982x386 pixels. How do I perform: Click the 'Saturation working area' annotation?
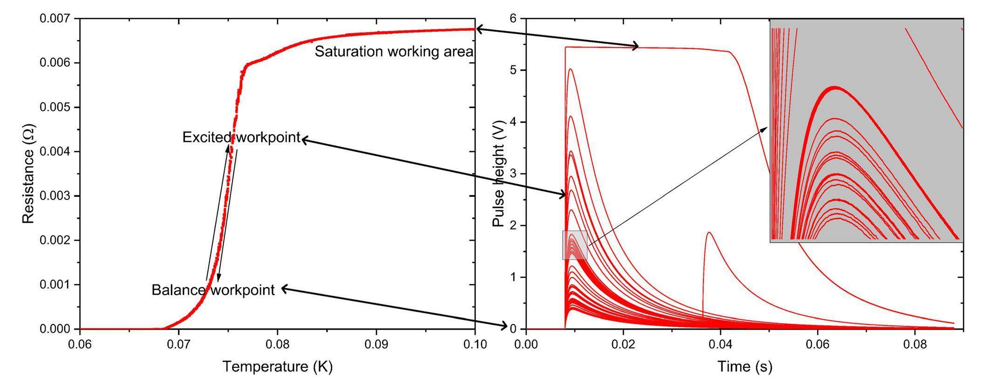coord(394,52)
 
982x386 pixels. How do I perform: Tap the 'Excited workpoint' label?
coord(241,138)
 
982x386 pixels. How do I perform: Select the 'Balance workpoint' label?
coord(213,290)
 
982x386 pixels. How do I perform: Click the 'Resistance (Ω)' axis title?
coord(28,173)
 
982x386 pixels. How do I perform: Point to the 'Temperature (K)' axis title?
coord(277,366)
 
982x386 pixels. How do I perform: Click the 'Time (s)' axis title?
coord(744,366)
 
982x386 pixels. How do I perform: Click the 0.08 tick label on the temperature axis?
coord(278,345)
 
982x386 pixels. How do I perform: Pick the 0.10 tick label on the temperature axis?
coord(475,345)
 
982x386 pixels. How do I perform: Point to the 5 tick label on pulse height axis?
coord(512,70)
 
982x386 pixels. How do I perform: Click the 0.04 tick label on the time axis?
coord(720,345)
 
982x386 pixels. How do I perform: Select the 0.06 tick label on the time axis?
coord(818,345)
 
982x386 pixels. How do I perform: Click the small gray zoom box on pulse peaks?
coord(574,245)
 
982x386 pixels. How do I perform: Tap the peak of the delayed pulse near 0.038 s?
coord(709,232)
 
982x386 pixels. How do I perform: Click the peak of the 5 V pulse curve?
coord(570,69)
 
